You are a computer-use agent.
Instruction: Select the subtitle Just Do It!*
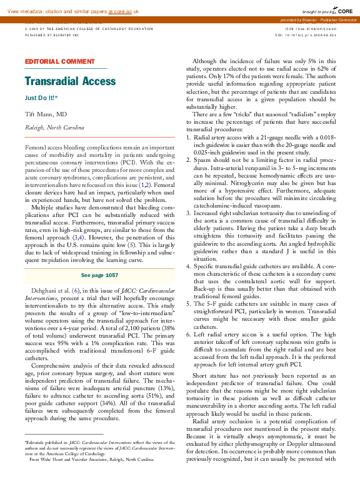[x=41, y=98]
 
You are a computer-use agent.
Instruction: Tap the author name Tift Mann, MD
[x=46, y=115]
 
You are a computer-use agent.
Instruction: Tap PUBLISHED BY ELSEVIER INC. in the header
[x=53, y=35]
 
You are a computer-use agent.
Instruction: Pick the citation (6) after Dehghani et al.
[x=76, y=291]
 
